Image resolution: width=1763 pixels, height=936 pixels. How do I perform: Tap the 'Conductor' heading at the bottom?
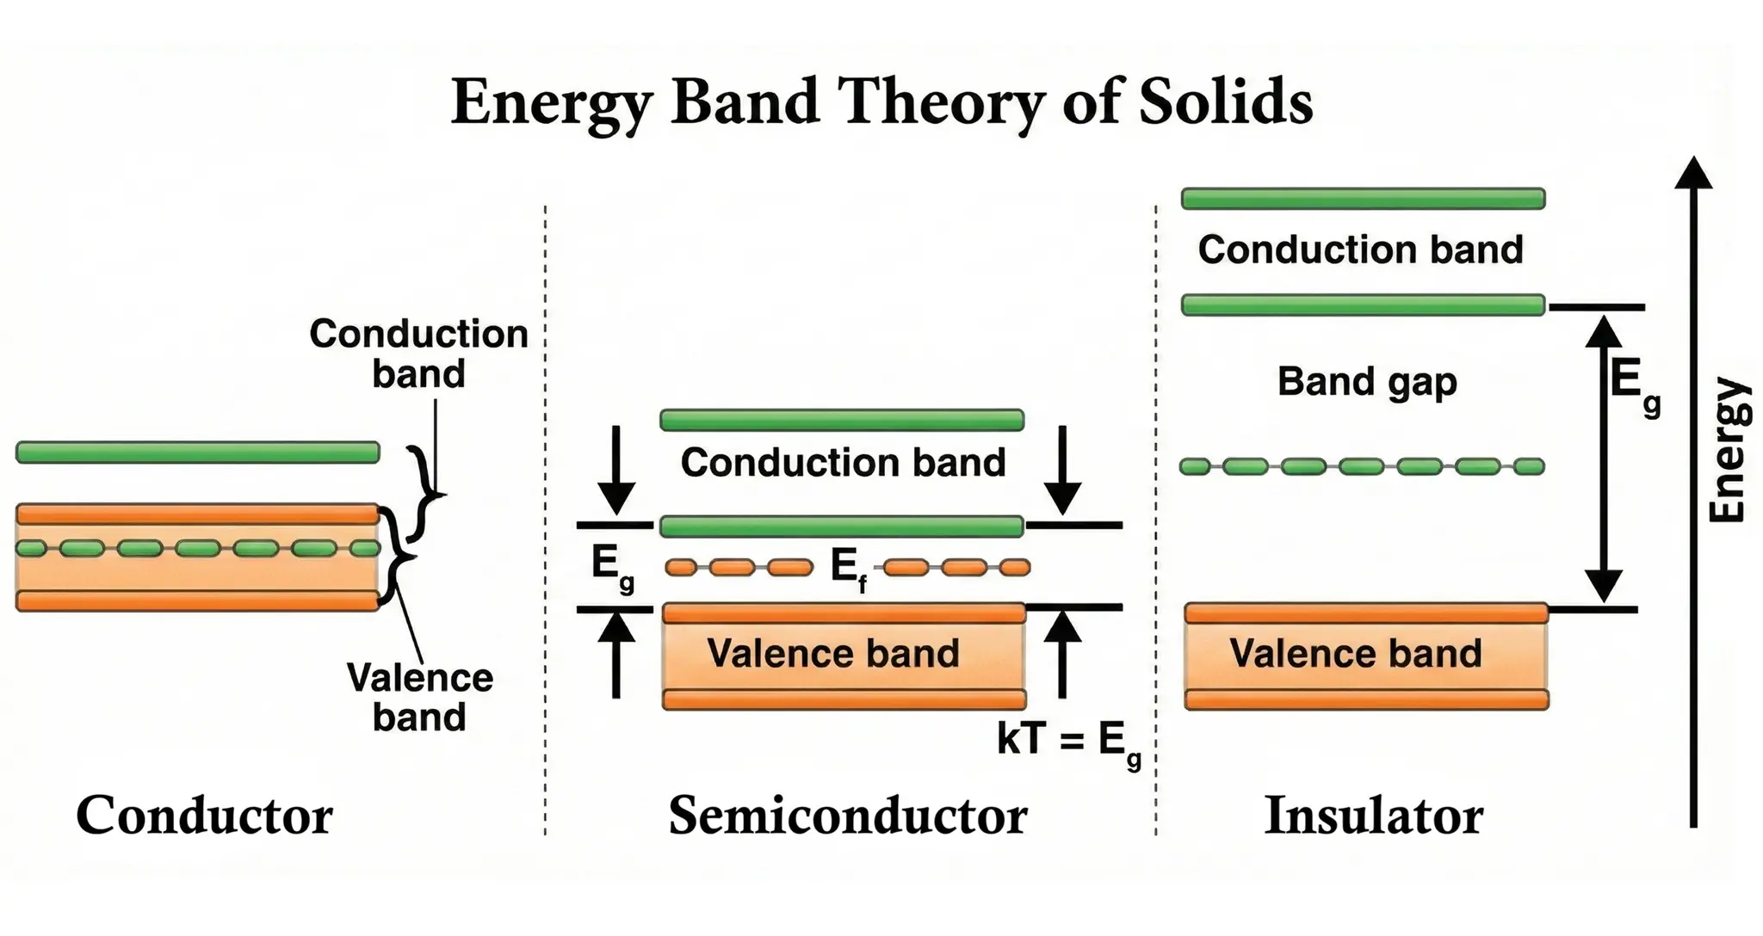[x=204, y=816]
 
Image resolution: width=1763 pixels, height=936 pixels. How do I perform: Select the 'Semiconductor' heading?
[x=847, y=816]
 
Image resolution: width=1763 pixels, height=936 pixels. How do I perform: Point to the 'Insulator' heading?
[x=1373, y=816]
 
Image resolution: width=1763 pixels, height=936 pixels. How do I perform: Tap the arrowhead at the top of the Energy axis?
[x=1693, y=172]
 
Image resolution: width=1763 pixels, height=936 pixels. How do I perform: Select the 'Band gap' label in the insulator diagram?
[x=1366, y=382]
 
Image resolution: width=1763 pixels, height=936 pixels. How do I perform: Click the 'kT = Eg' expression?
[x=1068, y=740]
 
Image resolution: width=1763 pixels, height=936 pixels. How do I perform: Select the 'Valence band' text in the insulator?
[x=1355, y=653]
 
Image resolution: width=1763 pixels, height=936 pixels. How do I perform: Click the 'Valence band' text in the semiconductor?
[x=832, y=653]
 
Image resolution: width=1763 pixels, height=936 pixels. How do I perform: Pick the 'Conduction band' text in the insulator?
[x=1360, y=249]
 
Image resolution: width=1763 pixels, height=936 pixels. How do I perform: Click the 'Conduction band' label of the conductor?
[x=418, y=354]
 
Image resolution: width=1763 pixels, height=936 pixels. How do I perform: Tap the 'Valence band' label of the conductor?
[x=419, y=697]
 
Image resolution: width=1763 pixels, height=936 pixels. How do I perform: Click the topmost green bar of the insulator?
[x=1363, y=199]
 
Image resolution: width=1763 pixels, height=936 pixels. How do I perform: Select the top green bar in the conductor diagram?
[x=197, y=452]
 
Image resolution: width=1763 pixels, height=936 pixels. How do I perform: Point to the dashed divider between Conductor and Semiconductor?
[x=545, y=516]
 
